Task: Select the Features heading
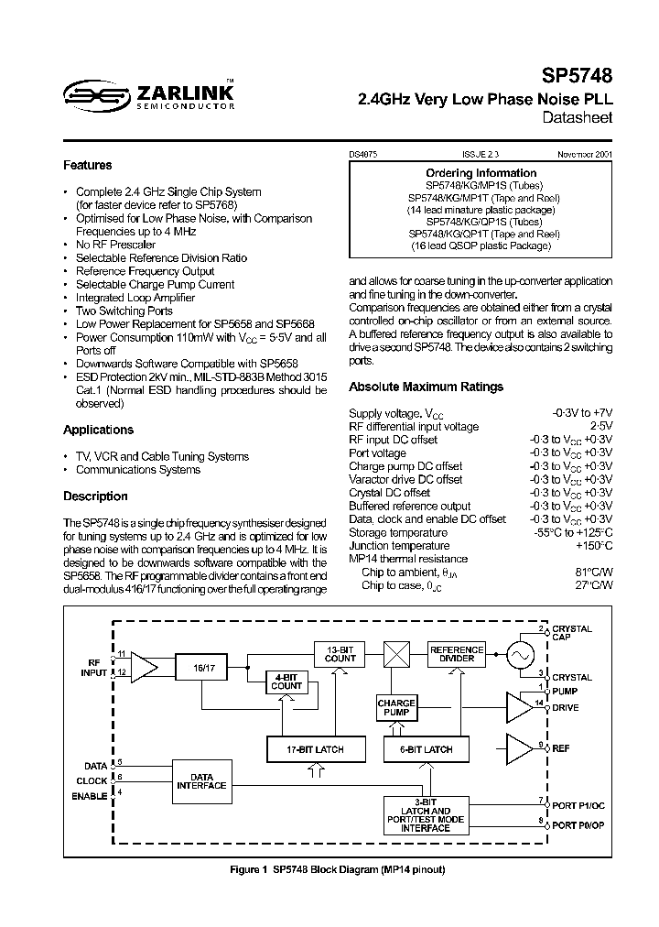click(x=88, y=166)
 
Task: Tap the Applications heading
click(x=98, y=430)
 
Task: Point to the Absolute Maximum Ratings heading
click(x=427, y=387)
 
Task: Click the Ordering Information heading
click(x=481, y=173)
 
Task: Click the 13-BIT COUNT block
click(x=340, y=653)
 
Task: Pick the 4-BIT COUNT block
click(x=286, y=681)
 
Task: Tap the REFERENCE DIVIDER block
click(x=457, y=653)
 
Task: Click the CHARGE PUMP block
click(x=396, y=708)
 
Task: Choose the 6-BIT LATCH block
click(x=425, y=749)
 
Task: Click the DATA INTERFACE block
click(x=201, y=781)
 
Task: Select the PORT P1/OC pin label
click(x=578, y=806)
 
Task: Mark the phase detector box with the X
click(x=396, y=654)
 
